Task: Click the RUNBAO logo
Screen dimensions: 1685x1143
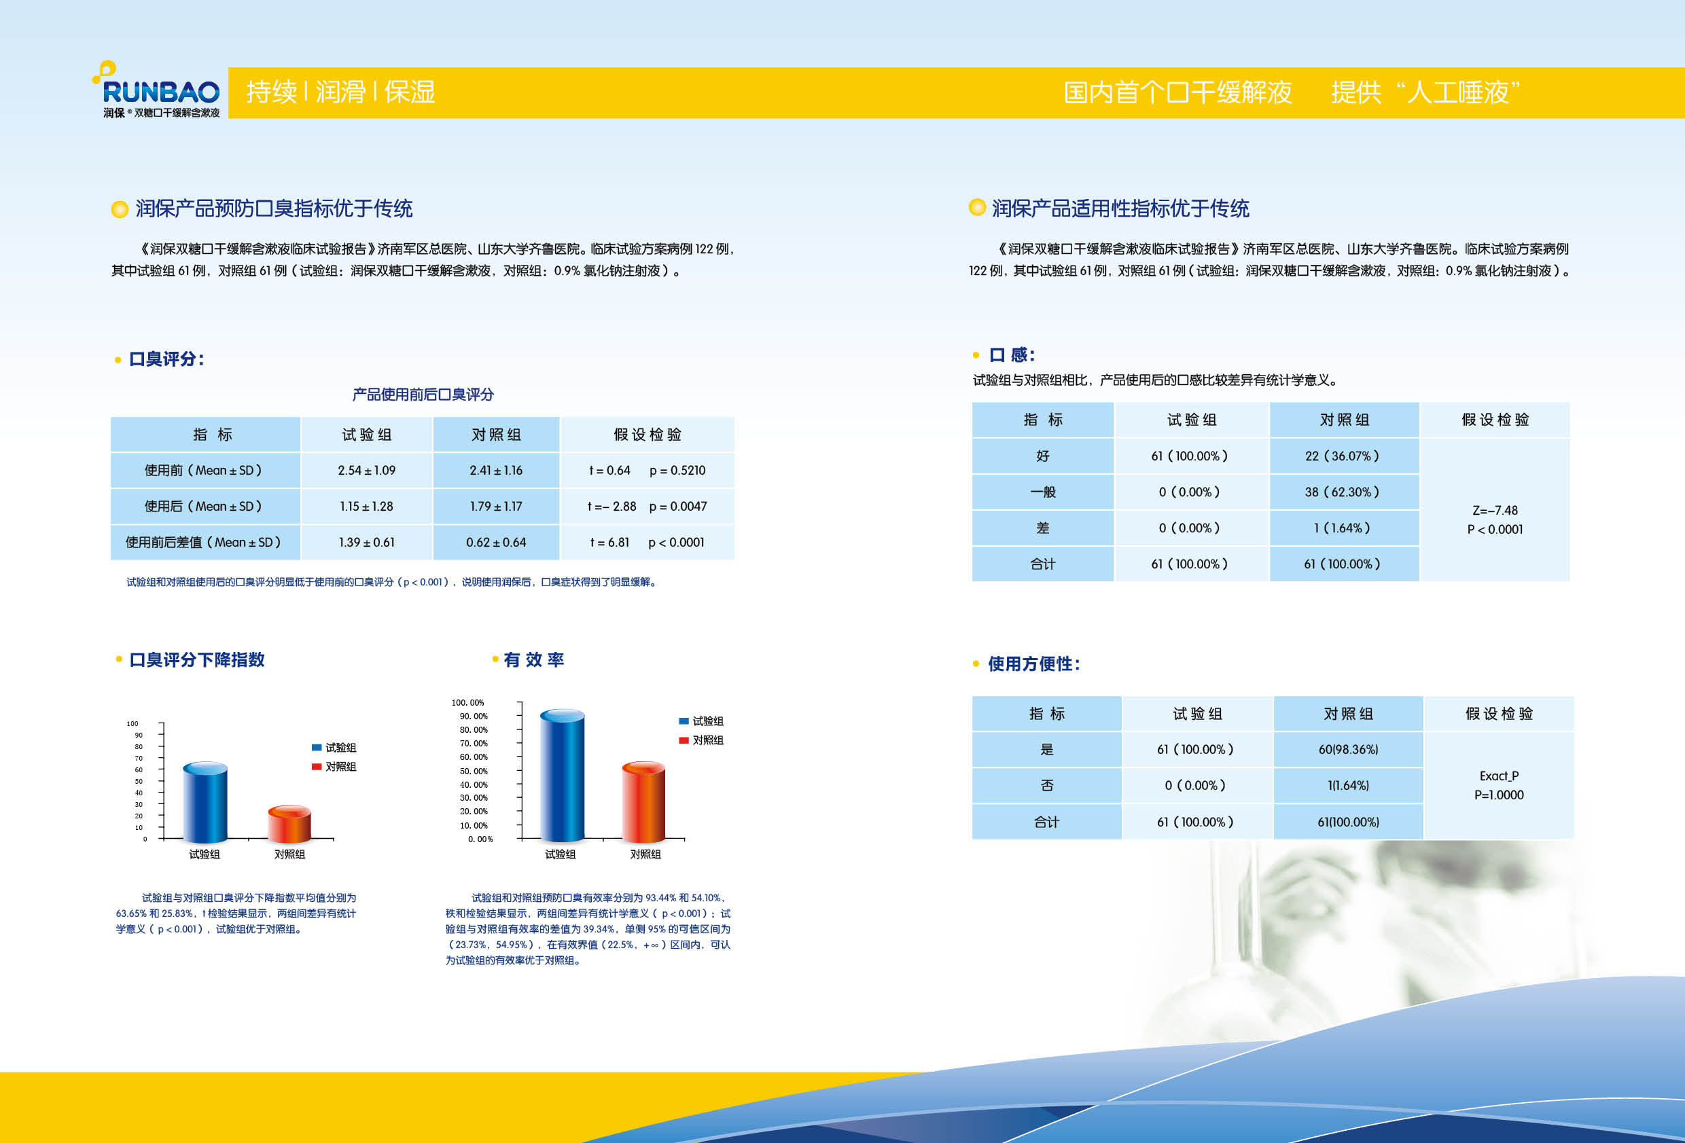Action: coord(156,89)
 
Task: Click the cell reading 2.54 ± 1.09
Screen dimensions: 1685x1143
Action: coord(367,471)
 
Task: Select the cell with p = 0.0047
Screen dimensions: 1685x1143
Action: coord(678,506)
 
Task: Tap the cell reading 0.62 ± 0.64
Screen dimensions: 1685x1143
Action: coord(496,542)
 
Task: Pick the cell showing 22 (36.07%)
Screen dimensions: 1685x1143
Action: coord(1343,456)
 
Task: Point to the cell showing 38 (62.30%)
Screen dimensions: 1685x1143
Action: coord(1343,492)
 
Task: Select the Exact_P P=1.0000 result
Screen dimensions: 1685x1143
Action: coord(1499,785)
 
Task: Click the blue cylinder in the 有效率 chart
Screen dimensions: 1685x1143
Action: coord(562,775)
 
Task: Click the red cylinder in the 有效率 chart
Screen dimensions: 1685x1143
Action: coord(644,801)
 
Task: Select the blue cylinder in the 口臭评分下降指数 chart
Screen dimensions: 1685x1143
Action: coord(205,802)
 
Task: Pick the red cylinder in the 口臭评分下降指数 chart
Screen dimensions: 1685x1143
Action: coord(289,824)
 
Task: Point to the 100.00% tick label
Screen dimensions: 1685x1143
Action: coord(467,702)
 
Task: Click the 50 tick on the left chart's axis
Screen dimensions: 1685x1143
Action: coord(139,781)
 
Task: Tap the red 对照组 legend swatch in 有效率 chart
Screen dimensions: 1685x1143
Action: coord(684,740)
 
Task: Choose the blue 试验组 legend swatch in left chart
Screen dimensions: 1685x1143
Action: coord(317,747)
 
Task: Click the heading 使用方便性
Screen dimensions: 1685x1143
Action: coord(1034,664)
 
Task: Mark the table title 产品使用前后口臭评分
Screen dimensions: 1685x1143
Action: coord(423,395)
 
